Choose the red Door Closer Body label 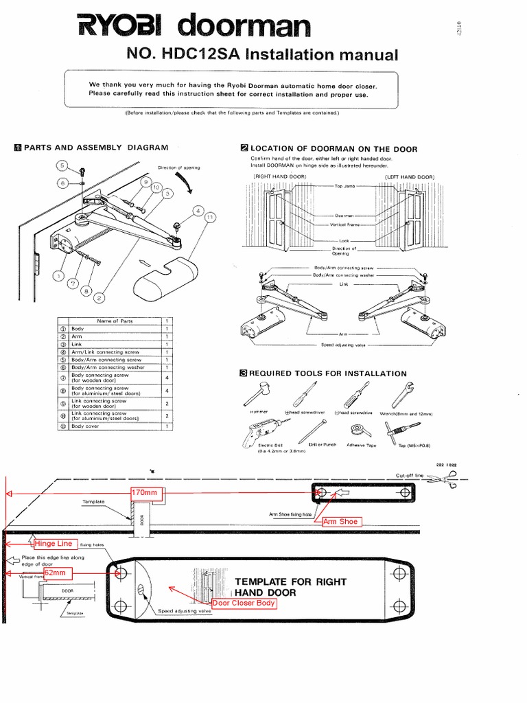pos(244,603)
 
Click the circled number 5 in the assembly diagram pos(61,165)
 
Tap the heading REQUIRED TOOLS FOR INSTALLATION pos(328,373)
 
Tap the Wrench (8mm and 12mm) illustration pos(400,395)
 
